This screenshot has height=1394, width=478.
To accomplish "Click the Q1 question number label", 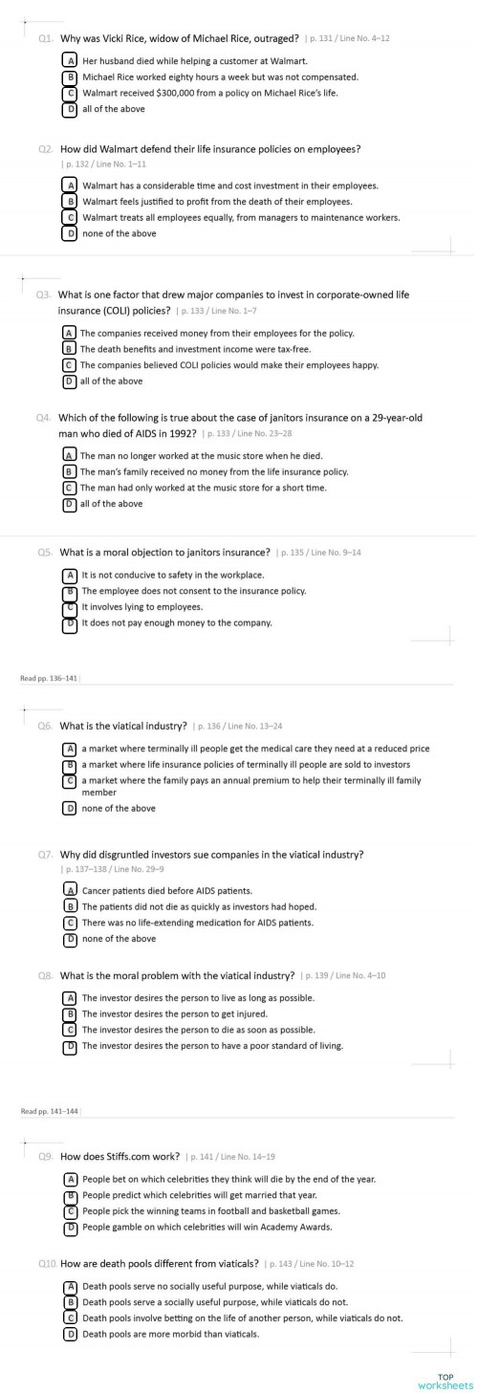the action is [45, 38].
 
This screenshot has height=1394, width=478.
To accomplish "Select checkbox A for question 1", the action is [69, 60].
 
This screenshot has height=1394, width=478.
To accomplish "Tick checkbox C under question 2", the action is [69, 217].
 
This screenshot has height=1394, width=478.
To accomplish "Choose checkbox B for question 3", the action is [69, 349].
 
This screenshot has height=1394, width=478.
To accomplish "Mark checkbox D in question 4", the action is [69, 504].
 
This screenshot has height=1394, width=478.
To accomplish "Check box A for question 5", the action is [69, 576].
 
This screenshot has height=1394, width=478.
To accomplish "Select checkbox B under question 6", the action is [69, 765].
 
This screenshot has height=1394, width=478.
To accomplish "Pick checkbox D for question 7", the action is [69, 939].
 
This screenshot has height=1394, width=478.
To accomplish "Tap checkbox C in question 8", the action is [69, 1030].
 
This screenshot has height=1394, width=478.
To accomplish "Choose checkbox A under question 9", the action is [69, 1179].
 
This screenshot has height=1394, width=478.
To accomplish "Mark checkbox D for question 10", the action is [69, 1334].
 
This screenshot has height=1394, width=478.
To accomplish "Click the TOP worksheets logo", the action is [445, 1381].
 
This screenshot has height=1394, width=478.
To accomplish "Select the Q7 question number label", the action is [45, 854].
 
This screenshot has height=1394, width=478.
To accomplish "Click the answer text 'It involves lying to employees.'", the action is [141, 607].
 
